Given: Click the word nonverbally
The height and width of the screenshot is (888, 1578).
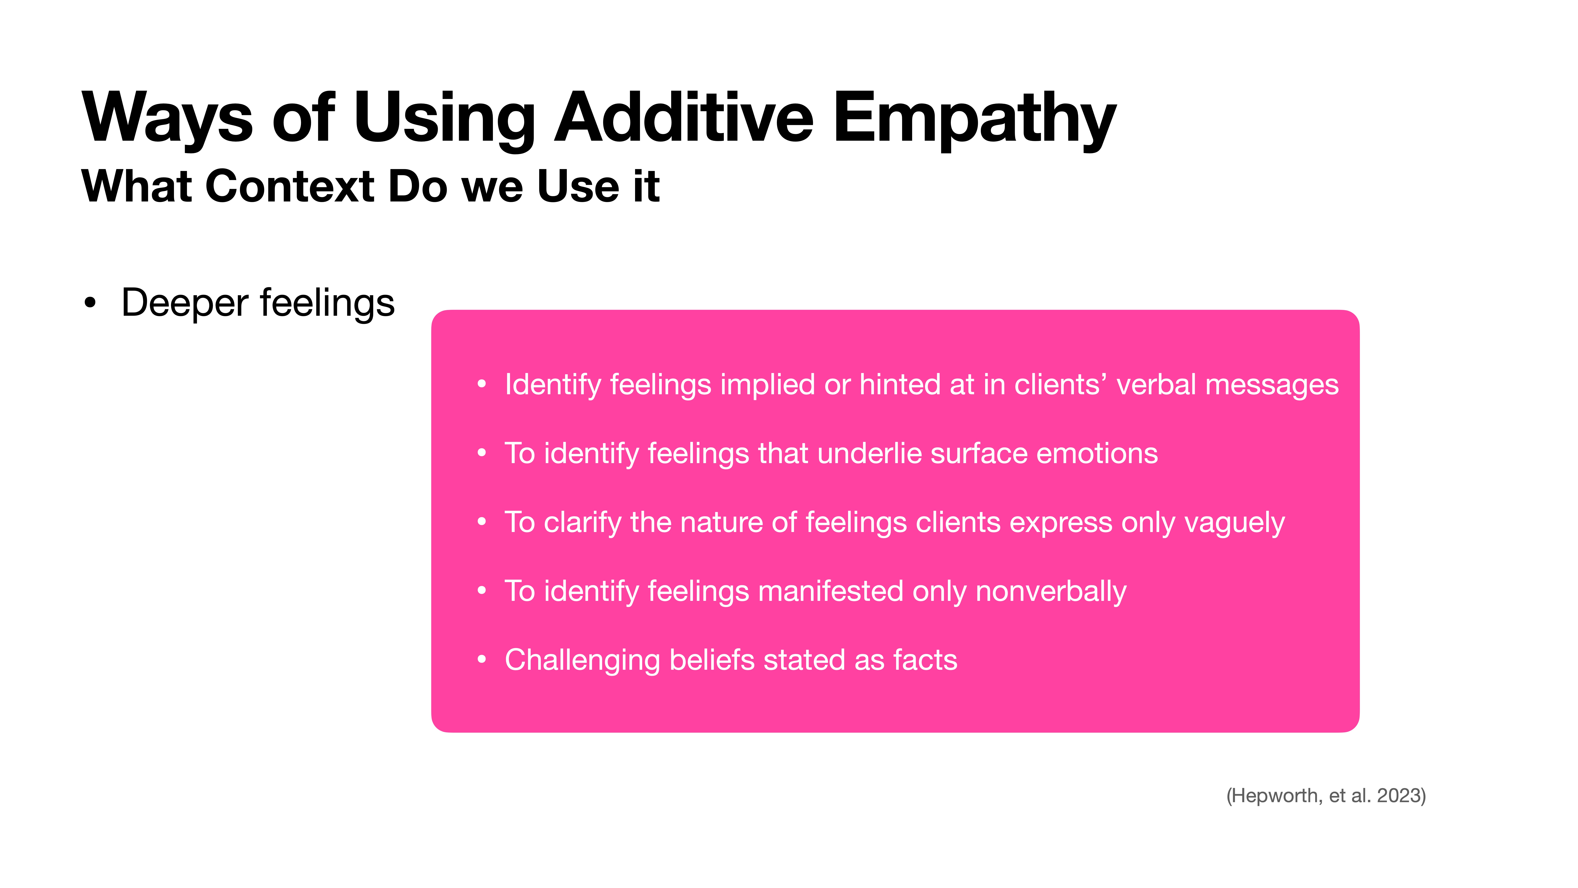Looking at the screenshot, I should tap(1051, 591).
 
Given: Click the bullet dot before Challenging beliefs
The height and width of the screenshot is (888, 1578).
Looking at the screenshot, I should tap(481, 660).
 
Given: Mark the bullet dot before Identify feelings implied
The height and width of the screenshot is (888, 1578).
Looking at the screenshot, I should tap(481, 385).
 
